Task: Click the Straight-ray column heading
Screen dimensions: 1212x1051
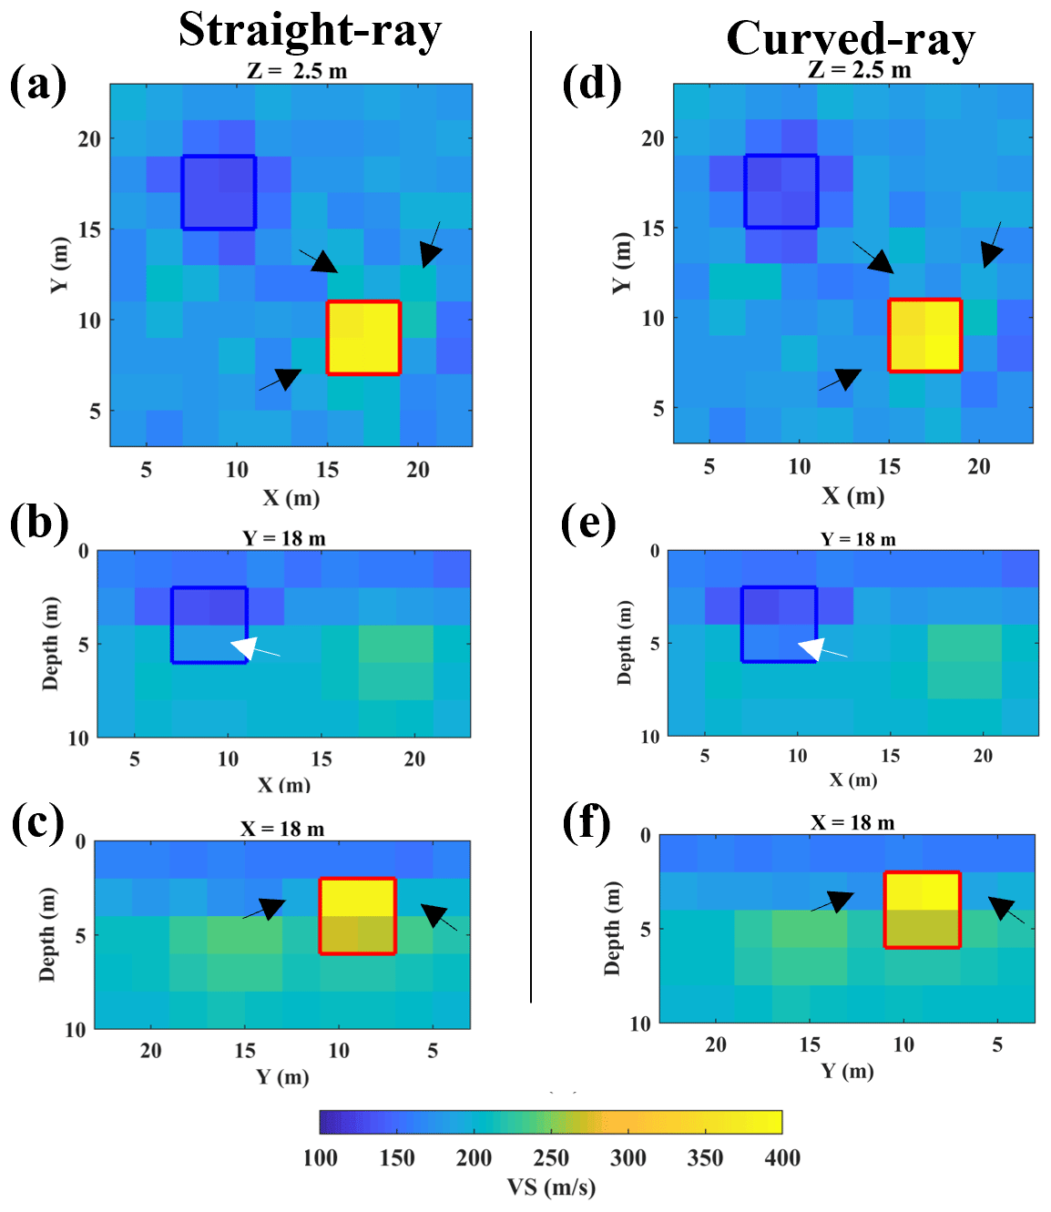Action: (310, 29)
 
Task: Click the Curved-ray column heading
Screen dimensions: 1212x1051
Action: (851, 38)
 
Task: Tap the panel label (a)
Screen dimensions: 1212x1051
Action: (38, 85)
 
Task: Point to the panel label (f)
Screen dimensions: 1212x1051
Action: (587, 824)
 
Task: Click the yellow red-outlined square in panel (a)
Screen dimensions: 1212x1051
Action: (363, 338)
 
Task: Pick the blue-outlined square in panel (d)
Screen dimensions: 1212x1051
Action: (781, 190)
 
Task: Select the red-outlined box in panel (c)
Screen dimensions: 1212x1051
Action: (357, 916)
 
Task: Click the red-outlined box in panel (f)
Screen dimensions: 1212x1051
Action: (923, 910)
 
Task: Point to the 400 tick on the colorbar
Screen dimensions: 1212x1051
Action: (782, 1157)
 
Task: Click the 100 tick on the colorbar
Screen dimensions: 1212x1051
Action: (321, 1157)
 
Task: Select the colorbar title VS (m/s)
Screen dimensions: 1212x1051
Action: (551, 1187)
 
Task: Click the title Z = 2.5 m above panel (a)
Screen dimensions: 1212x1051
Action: (297, 71)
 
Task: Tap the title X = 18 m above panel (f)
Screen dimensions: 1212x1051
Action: (852, 822)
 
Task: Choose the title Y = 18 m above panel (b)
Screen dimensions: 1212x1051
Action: (284, 538)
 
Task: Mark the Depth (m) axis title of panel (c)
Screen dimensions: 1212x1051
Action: (47, 934)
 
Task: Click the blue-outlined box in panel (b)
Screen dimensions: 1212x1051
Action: (209, 625)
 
